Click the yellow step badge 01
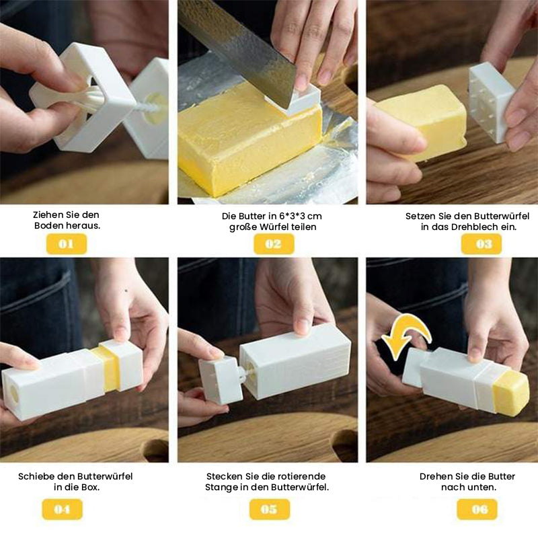point(66,244)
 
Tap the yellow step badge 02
point(274,244)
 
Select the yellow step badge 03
point(481,244)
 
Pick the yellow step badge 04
point(62,510)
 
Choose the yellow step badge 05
point(270,510)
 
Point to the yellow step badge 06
point(477,510)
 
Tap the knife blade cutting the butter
point(240,52)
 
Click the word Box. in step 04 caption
point(91,487)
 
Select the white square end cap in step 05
point(221,380)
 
